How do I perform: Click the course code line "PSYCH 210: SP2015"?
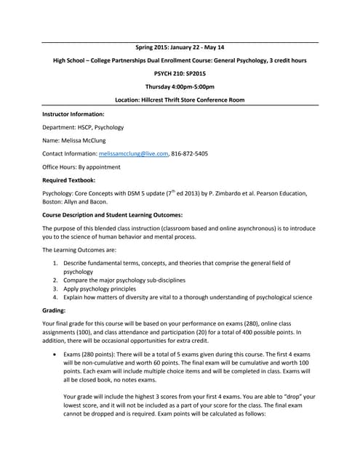pyautogui.click(x=180, y=73)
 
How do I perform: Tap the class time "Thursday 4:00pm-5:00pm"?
pyautogui.click(x=180, y=86)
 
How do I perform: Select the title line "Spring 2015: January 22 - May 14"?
pyautogui.click(x=180, y=47)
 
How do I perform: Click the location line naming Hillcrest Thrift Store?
pyautogui.click(x=180, y=100)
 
